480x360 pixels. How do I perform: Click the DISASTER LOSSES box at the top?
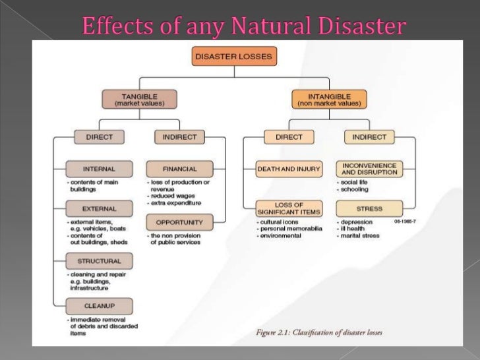(x=235, y=57)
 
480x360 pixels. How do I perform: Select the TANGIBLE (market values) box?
(x=140, y=100)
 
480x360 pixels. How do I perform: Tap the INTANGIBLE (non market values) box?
(x=329, y=100)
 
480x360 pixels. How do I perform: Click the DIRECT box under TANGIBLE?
(x=99, y=137)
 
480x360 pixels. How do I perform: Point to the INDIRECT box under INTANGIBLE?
(x=369, y=137)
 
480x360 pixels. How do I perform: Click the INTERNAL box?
(x=99, y=168)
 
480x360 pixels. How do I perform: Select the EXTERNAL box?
(x=99, y=209)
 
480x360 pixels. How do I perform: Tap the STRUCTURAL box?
(x=99, y=261)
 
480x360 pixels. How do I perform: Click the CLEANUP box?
(x=99, y=306)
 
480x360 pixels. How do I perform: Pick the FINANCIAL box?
(x=179, y=168)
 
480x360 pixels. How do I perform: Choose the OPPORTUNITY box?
(x=179, y=222)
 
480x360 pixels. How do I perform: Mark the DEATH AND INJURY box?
(x=289, y=169)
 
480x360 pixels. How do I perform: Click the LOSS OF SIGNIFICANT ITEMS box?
(x=289, y=208)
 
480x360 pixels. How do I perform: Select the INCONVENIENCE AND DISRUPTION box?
(x=369, y=169)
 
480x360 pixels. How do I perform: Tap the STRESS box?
(x=369, y=209)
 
